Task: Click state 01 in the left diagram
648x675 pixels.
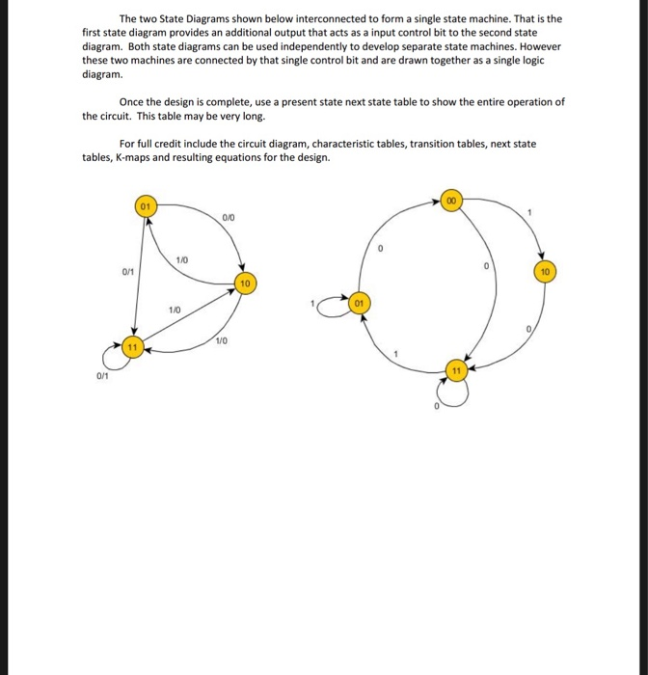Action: pos(145,206)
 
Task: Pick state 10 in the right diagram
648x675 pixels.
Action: pos(546,273)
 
